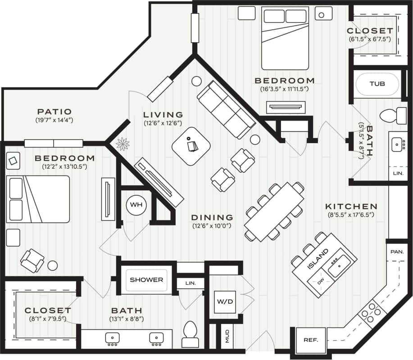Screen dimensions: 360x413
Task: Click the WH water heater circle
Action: (x=136, y=205)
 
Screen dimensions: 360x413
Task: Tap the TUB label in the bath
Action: (x=377, y=84)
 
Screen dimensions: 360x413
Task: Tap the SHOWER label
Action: (x=146, y=279)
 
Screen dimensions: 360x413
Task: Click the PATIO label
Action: (x=54, y=112)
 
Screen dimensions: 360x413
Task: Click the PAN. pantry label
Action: (x=397, y=252)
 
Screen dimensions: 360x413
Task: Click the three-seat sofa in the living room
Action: (x=227, y=110)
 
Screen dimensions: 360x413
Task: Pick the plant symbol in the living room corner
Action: (x=123, y=144)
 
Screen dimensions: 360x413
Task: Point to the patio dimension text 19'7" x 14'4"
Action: (x=54, y=121)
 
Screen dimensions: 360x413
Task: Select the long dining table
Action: (x=274, y=211)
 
